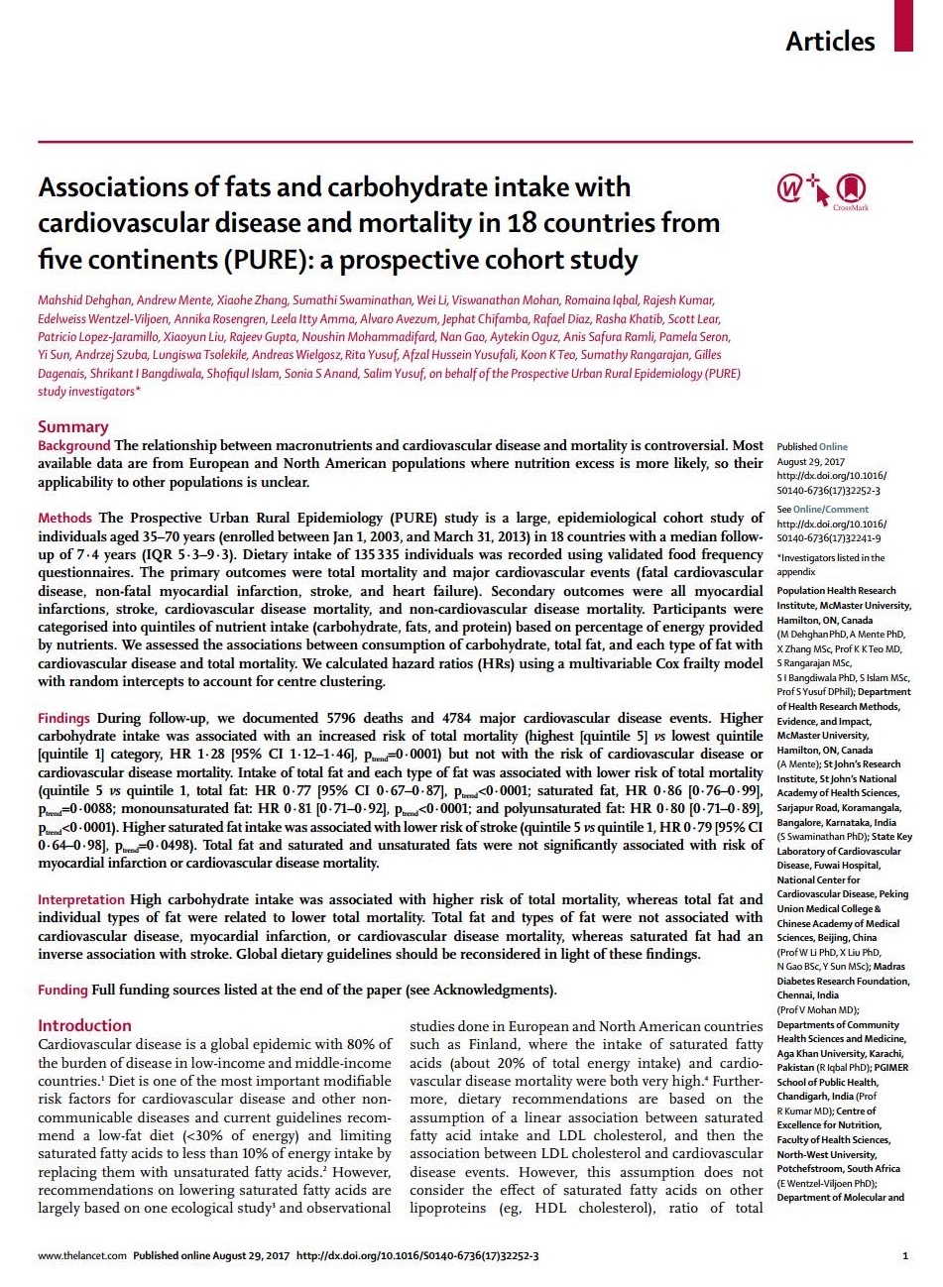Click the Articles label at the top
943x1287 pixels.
[x=830, y=41]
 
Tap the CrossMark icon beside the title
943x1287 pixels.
[x=851, y=188]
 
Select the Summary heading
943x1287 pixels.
[x=72, y=426]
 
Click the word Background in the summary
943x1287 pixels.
[x=74, y=446]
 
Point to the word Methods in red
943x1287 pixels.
[x=64, y=518]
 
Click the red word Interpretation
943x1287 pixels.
[x=81, y=899]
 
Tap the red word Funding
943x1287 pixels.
[x=62, y=990]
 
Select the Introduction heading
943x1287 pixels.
[x=84, y=1025]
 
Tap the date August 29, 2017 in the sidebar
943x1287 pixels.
[x=809, y=462]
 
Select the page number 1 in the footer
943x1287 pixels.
[x=905, y=1255]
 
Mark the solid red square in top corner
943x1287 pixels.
[x=902, y=26]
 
